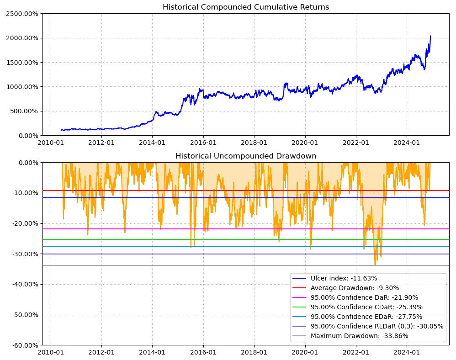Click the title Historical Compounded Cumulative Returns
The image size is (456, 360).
[x=246, y=7]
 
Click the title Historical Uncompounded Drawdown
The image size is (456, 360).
[x=246, y=156]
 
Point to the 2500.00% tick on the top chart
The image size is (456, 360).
[x=22, y=14]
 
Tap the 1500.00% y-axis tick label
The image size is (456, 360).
[x=22, y=63]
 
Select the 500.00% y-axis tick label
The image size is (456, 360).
[x=24, y=111]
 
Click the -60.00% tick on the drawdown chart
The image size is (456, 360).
[x=23, y=345]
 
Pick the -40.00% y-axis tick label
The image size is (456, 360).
[x=23, y=284]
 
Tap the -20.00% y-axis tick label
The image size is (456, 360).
[x=23, y=223]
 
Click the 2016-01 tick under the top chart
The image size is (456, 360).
[x=203, y=143]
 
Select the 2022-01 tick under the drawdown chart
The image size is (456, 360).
[x=356, y=352]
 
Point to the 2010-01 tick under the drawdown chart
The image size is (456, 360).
[x=50, y=352]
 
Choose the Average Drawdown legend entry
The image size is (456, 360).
[x=355, y=288]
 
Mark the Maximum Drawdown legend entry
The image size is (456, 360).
[x=359, y=336]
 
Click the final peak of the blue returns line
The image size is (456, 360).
[x=430, y=36]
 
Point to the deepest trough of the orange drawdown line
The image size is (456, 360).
[x=375, y=265]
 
